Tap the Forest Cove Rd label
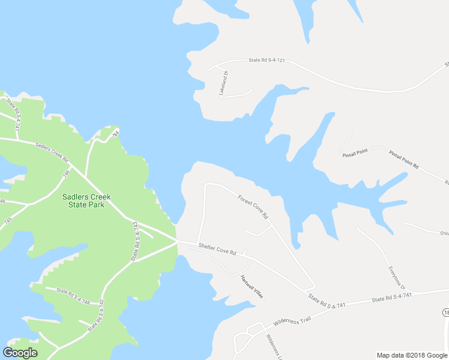253,206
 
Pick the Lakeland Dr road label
224,83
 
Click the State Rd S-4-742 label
96,316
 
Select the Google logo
20,353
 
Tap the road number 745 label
7,221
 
